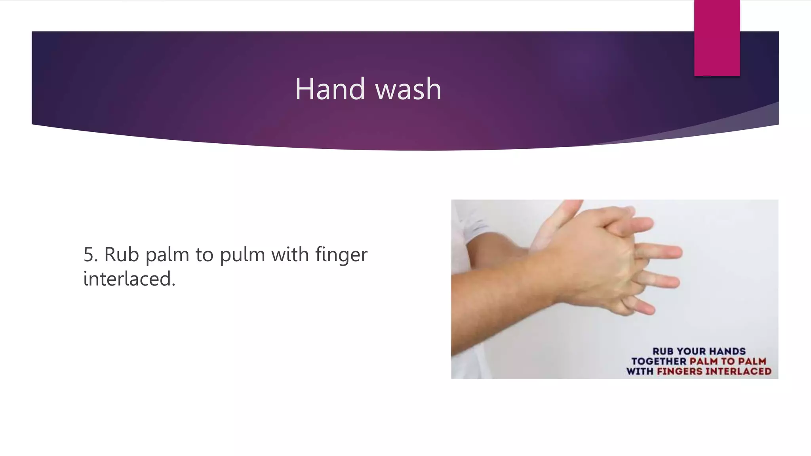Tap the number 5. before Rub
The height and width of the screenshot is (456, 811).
(x=90, y=254)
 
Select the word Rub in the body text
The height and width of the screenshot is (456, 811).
(x=122, y=254)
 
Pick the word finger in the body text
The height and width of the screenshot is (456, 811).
(x=341, y=254)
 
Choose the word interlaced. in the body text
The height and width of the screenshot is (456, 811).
(x=129, y=279)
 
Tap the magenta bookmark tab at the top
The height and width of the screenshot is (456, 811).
(x=717, y=38)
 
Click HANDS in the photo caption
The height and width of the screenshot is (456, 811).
(x=727, y=351)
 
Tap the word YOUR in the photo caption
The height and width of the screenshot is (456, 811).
(x=691, y=351)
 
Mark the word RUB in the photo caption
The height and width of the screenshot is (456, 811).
(x=663, y=351)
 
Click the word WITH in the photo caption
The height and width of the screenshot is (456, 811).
(x=640, y=371)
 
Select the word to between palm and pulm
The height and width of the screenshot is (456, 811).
(x=204, y=254)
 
